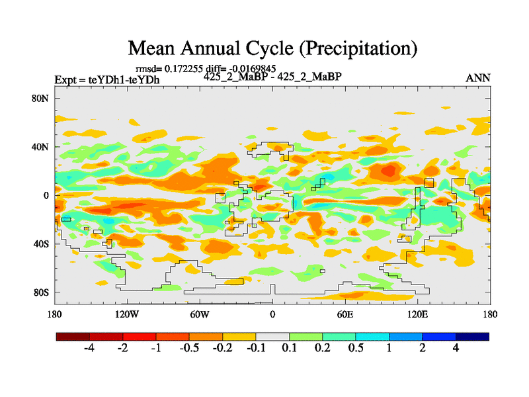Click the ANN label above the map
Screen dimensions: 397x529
click(x=478, y=78)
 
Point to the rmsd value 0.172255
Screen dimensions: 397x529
click(x=183, y=69)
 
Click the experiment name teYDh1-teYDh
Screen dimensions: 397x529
click(x=124, y=79)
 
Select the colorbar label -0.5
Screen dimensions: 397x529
click(x=190, y=349)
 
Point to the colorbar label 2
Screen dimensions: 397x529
click(x=423, y=349)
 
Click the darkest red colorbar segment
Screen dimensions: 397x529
click(x=73, y=337)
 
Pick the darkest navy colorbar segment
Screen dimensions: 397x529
click(x=472, y=337)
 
